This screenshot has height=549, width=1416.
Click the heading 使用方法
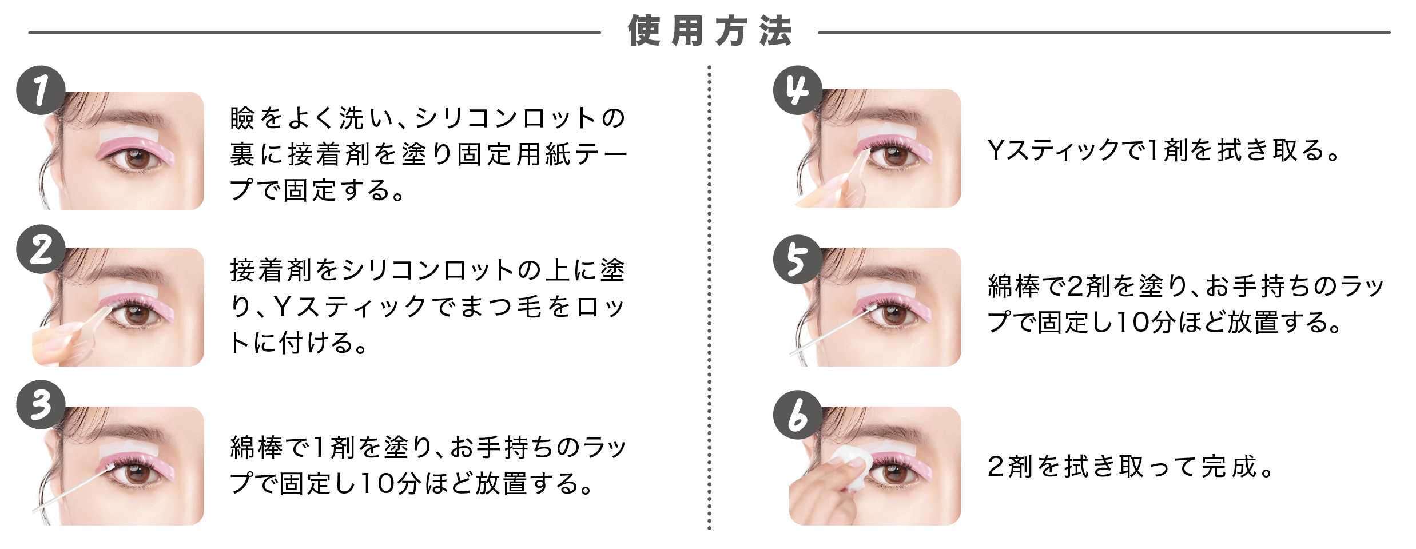(x=709, y=31)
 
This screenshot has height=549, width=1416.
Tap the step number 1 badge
(x=41, y=90)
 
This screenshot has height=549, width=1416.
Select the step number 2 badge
(x=41, y=249)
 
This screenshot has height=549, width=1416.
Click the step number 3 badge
(x=41, y=405)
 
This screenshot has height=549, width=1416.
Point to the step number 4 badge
(x=797, y=90)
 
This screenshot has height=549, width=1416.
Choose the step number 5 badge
(x=797, y=259)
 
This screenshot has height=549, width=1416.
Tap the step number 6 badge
(x=797, y=415)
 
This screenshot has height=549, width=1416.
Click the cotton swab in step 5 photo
(x=829, y=332)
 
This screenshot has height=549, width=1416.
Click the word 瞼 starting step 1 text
(x=242, y=118)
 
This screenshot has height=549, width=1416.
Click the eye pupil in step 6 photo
(x=893, y=472)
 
